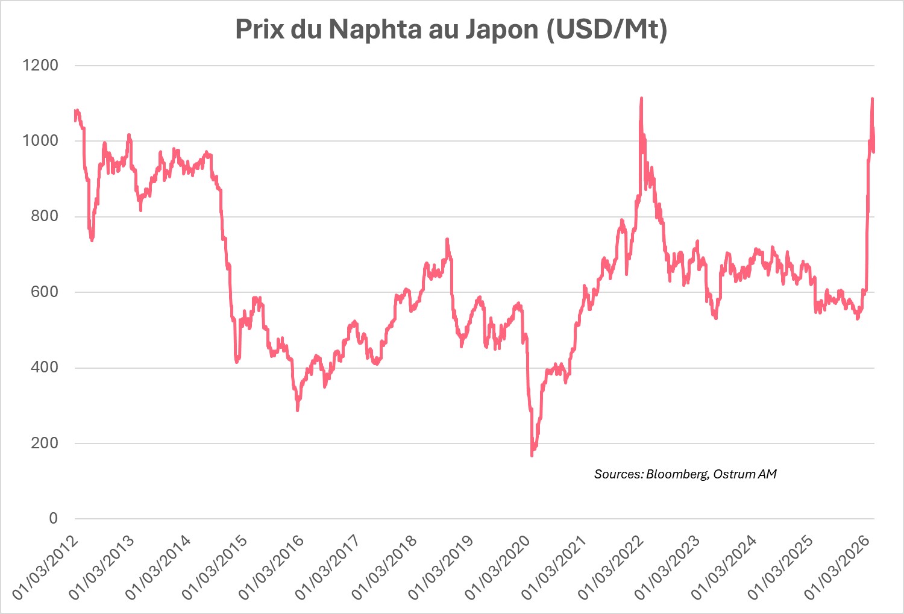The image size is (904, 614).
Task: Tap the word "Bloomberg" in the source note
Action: coord(676,474)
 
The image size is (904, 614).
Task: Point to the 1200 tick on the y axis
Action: coord(40,65)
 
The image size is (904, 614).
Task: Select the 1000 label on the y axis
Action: coord(40,140)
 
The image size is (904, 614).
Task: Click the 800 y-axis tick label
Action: coord(45,216)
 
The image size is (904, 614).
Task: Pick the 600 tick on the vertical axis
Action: coord(45,292)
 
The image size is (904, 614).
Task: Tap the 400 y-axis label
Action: coord(45,367)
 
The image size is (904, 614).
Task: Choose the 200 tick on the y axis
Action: coord(45,443)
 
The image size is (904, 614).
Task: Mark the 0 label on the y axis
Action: coord(54,518)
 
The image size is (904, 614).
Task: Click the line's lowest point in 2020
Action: coord(532,455)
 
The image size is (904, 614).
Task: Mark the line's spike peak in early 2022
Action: coord(641,98)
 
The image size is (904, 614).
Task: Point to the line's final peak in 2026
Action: coord(872,99)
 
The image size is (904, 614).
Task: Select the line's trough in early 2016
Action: coord(298,410)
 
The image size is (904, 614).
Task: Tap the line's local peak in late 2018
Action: coord(447,240)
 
